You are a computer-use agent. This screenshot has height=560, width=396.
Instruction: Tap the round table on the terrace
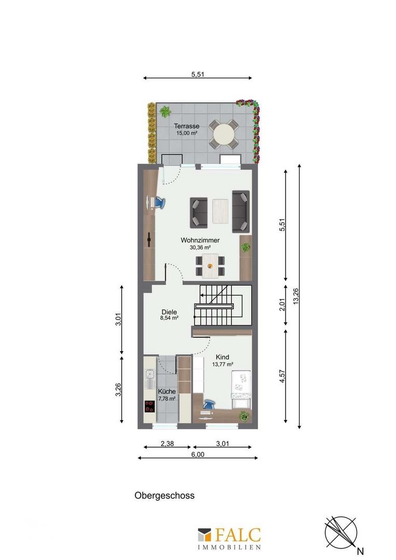click(x=224, y=134)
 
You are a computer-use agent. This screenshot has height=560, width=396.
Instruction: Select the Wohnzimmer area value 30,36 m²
click(x=200, y=248)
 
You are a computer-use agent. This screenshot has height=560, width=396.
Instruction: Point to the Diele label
click(x=169, y=312)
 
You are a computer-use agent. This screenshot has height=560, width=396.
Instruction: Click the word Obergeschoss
click(x=164, y=495)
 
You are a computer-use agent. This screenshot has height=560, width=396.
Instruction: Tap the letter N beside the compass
click(x=359, y=551)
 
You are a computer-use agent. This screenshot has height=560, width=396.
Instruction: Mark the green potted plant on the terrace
click(x=165, y=111)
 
